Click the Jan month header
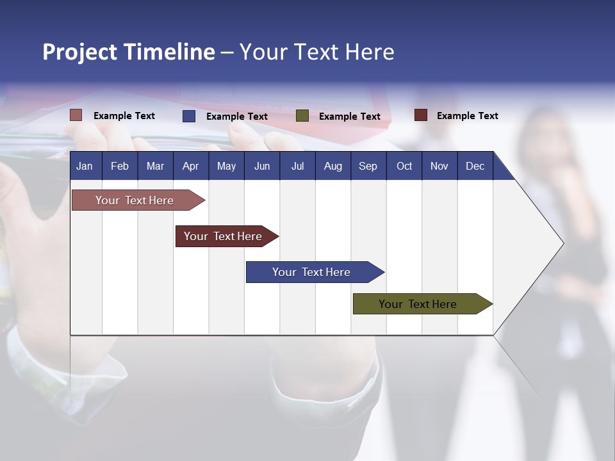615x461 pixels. (85, 166)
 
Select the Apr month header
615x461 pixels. (191, 166)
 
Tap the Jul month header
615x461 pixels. (297, 166)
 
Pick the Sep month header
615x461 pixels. (368, 166)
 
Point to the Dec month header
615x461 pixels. (475, 166)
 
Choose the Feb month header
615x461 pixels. (120, 166)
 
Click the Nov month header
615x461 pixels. (439, 166)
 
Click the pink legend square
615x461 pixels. (76, 115)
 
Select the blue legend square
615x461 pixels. (189, 116)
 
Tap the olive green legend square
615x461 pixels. (302, 116)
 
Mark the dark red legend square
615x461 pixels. (421, 115)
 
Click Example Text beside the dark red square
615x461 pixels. (467, 115)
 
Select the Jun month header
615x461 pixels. (262, 166)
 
